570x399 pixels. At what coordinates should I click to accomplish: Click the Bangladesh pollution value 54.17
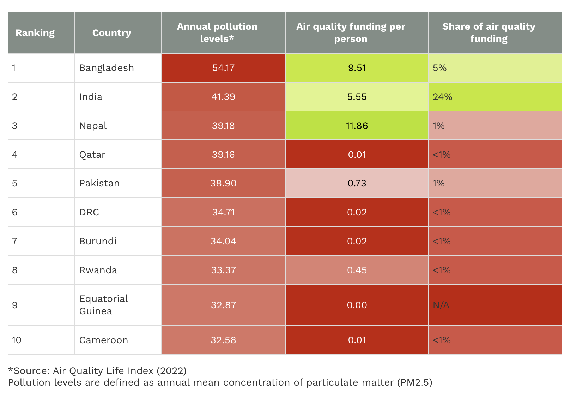tap(223, 68)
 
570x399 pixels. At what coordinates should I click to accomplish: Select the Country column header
tap(111, 33)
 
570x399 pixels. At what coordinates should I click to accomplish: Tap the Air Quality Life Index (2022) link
tap(120, 370)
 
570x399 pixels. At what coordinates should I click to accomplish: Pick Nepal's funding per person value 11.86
tap(357, 126)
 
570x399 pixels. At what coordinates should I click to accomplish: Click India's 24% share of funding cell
tap(443, 97)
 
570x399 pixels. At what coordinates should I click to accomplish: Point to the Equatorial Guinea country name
tap(103, 305)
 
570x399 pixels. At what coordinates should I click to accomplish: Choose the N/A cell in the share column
tap(441, 305)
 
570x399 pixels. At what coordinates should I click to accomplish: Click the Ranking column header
tap(35, 33)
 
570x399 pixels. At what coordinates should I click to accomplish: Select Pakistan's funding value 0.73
tap(357, 183)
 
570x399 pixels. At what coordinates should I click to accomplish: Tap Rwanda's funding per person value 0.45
tap(357, 270)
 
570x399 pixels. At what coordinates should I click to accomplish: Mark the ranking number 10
tap(16, 340)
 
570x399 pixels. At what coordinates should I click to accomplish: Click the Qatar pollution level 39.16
tap(223, 155)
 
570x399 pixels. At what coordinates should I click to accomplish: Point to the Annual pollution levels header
tap(217, 32)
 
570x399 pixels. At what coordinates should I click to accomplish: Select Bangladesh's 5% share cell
tap(439, 68)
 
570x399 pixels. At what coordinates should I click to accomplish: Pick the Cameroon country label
tap(103, 340)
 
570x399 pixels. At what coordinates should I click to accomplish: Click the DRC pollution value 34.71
tap(223, 212)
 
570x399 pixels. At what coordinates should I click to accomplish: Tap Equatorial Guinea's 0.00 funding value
tap(357, 305)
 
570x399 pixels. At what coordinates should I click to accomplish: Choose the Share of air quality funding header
tap(489, 32)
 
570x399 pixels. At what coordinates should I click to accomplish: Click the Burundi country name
tap(98, 241)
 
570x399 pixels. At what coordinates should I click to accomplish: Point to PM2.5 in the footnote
tap(414, 382)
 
